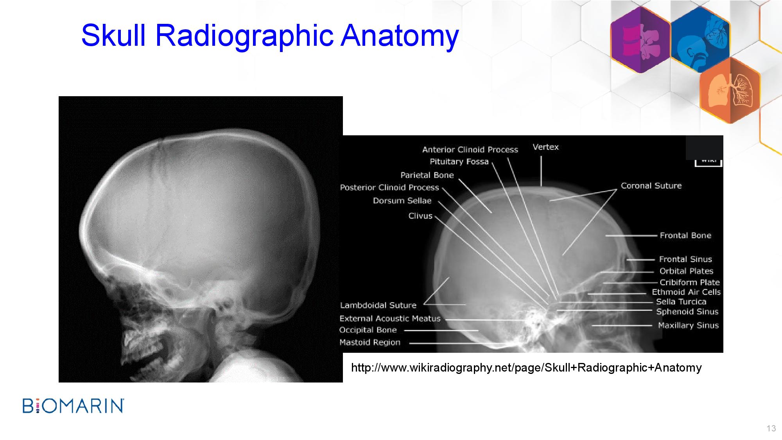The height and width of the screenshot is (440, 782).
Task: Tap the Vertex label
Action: [x=546, y=147]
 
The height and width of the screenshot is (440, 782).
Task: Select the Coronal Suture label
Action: [x=651, y=186]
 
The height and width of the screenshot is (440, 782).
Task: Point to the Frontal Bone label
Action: [x=685, y=235]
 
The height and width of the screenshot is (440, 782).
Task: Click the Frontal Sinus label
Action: [x=685, y=259]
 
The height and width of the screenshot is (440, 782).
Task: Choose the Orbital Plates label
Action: [x=686, y=271]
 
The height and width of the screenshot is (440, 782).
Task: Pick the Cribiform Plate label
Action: [x=690, y=282]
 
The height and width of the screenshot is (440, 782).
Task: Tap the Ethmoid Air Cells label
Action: [x=686, y=292]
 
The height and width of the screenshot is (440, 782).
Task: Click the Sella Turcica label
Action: [x=681, y=302]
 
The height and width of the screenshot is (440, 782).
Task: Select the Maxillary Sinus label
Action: [x=688, y=325]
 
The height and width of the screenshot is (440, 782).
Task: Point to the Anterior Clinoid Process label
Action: [x=470, y=149]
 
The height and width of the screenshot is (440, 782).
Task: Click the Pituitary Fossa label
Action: [x=459, y=162]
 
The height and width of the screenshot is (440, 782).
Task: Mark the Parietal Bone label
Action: [x=427, y=175]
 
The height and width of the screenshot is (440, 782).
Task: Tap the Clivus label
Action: [x=420, y=216]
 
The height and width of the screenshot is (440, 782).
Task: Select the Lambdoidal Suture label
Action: [x=378, y=305]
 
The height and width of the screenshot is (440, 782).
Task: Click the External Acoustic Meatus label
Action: [x=390, y=319]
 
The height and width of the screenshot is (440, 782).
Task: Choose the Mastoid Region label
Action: [x=370, y=343]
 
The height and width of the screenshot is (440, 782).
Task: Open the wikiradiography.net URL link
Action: [x=526, y=368]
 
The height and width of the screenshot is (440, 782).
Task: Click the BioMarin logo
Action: [x=74, y=406]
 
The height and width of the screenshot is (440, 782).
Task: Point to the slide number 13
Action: [x=771, y=428]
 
